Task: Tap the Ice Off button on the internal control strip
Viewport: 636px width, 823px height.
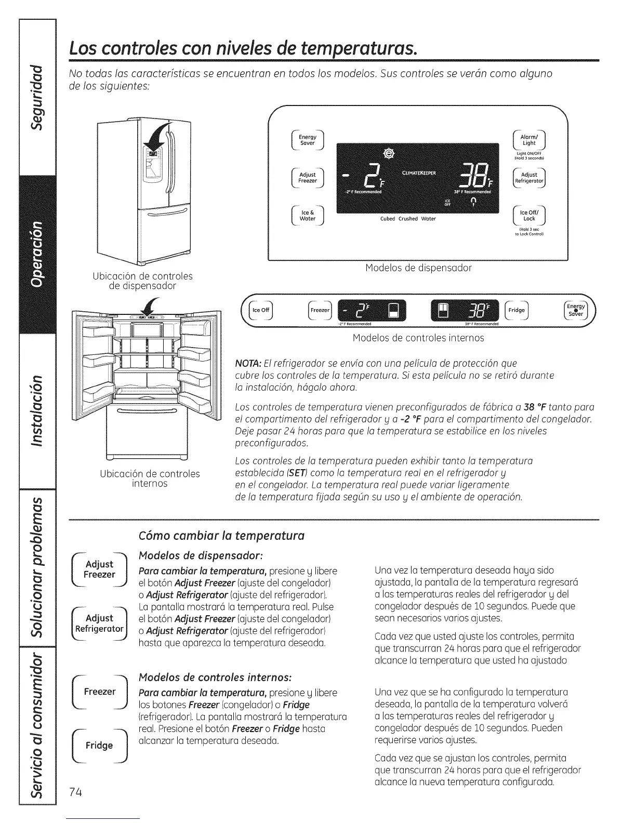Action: pyautogui.click(x=260, y=310)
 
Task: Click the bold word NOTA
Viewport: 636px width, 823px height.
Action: pyautogui.click(x=247, y=363)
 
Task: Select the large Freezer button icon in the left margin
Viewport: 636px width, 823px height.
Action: pyautogui.click(x=100, y=692)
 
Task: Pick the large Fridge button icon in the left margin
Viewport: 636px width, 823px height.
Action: pyautogui.click(x=100, y=746)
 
